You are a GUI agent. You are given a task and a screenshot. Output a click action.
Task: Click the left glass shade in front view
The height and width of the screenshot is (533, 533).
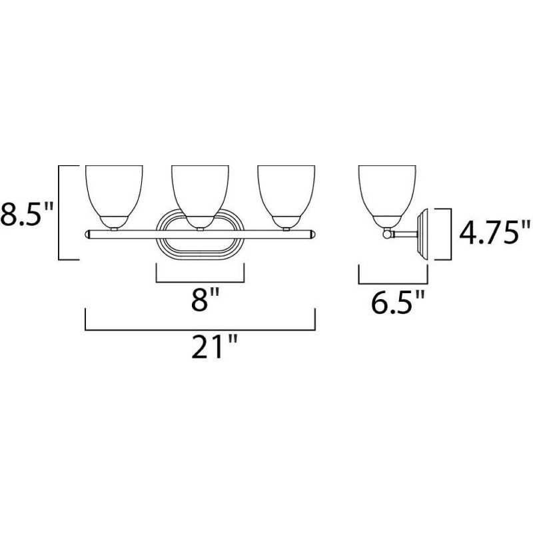[115, 190]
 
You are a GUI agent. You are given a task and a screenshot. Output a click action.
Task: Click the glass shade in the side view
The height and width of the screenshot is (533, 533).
[388, 190]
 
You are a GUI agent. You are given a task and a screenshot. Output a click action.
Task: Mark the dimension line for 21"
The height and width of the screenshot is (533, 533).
[200, 328]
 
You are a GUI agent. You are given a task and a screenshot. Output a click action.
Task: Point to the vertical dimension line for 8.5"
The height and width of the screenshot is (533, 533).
[61, 213]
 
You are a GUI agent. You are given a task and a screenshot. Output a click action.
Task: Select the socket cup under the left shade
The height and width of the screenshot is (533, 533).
[115, 221]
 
